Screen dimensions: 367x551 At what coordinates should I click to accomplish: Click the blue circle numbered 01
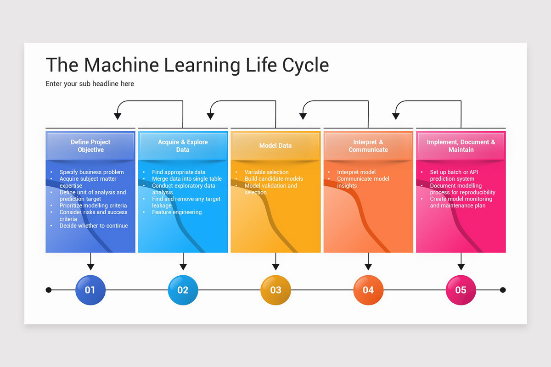pos(90,290)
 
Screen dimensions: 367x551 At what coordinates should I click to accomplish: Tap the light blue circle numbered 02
pos(183,290)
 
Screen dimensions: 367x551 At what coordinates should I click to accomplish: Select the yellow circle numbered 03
pos(275,290)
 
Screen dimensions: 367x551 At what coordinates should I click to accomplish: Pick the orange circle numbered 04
pos(368,290)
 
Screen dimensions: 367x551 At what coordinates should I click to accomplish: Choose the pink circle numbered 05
pos(461,290)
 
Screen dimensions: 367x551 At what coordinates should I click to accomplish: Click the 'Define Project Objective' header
pos(90,146)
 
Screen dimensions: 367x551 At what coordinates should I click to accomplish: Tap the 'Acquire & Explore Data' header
pos(183,146)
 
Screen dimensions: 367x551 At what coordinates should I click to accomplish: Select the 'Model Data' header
pos(275,146)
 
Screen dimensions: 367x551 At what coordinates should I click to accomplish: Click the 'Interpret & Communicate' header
pos(368,146)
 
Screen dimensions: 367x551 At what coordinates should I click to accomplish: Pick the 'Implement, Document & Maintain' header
pos(461,146)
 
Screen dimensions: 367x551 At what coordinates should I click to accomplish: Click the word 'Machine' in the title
pos(121,65)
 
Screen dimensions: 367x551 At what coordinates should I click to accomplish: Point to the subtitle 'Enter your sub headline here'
pos(90,84)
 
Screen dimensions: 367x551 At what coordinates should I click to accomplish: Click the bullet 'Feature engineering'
pos(177,212)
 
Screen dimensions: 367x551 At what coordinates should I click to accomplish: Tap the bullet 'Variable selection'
pos(266,172)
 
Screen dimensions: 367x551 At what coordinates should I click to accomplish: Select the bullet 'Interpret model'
pos(356,172)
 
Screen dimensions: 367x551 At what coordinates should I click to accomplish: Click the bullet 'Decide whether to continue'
pos(94,226)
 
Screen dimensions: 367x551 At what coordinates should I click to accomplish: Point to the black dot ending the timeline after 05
pos(503,290)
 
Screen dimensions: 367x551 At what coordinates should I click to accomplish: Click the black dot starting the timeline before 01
pos(49,290)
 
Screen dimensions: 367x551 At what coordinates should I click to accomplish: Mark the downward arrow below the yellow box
pos(275,265)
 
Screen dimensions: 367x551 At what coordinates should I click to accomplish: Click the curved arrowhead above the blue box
pos(118,116)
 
